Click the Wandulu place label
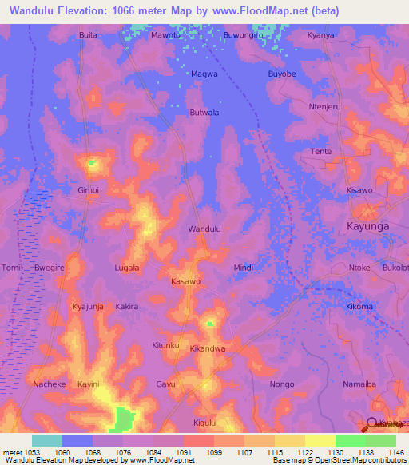point(204,229)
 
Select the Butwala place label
point(204,113)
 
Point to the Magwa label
point(204,74)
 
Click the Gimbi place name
point(88,191)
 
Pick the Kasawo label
point(186,282)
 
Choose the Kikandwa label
point(207,349)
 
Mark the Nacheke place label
point(50,384)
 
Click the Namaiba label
point(359,384)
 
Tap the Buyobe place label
point(282,74)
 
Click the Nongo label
point(282,384)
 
